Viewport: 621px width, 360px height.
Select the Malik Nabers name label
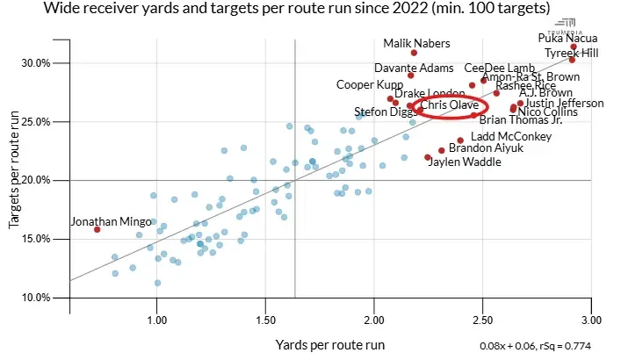pos(417,43)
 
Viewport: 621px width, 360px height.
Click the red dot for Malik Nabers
pos(414,53)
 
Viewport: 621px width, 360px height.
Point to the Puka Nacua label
pos(567,38)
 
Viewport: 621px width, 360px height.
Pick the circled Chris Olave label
pos(449,105)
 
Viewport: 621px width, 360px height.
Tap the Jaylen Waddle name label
pos(464,162)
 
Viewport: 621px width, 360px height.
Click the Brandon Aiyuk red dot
pos(441,150)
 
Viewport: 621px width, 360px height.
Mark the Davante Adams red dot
pos(410,76)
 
